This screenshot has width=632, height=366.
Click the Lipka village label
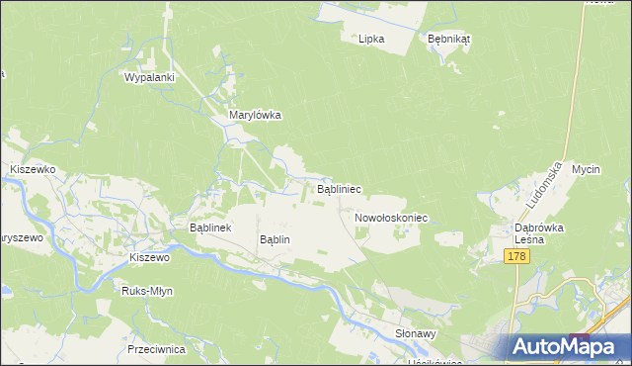click(x=371, y=40)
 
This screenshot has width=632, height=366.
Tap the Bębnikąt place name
click(x=448, y=40)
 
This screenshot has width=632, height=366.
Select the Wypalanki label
click(x=149, y=77)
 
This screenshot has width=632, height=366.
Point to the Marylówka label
click(x=255, y=115)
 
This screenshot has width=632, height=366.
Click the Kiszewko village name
click(x=32, y=170)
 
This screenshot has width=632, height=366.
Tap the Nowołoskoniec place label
click(x=389, y=218)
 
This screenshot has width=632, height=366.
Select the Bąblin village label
click(x=275, y=239)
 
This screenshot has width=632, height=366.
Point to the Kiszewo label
click(x=150, y=257)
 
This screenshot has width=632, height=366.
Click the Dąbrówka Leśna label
click(x=538, y=232)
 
